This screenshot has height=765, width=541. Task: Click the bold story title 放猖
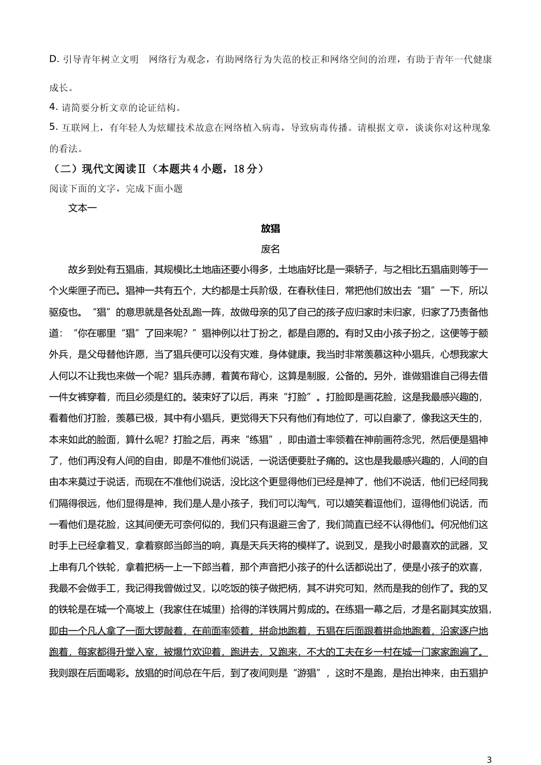[x=270, y=229]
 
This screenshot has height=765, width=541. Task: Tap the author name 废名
[x=270, y=249]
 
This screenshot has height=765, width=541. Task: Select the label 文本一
[x=83, y=208]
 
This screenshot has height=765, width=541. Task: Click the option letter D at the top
[x=54, y=59]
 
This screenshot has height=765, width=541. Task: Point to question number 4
[x=53, y=107]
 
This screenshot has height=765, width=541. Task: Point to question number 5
[x=53, y=127]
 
